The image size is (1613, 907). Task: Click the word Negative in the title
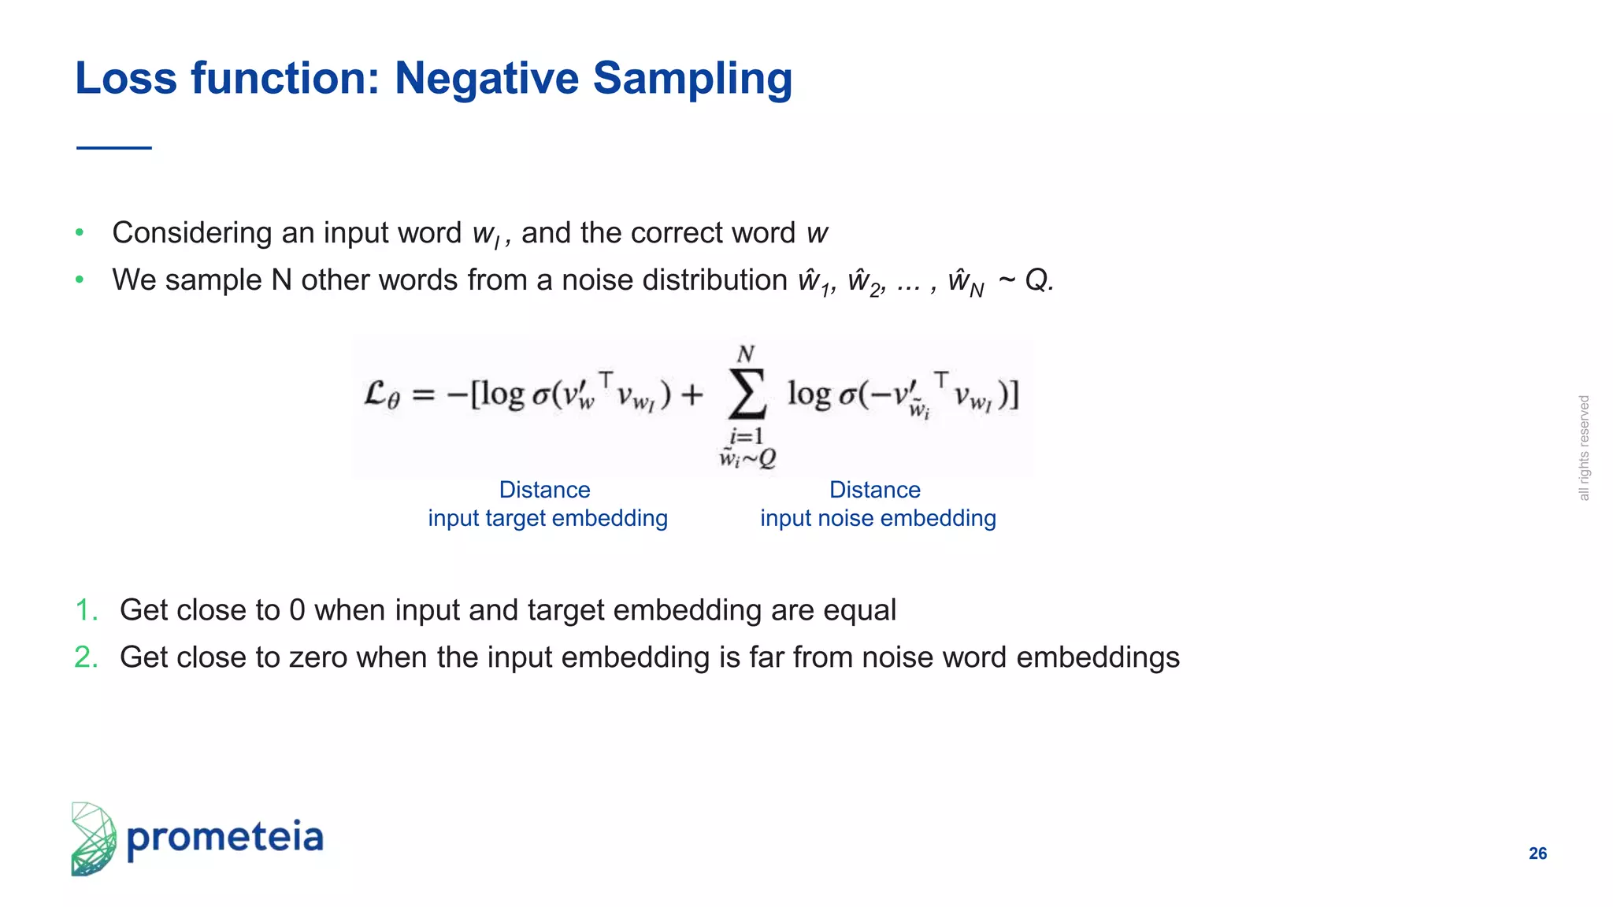coord(486,79)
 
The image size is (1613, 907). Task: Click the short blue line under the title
coord(114,147)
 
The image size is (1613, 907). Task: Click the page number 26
coord(1537,853)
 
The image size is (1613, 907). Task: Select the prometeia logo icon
coord(93,839)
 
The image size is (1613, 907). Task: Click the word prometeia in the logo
coord(225,838)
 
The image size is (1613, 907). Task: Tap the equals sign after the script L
coord(423,394)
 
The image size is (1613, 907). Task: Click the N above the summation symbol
coord(745,354)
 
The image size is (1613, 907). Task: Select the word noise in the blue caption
coord(845,518)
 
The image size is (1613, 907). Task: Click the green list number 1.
coord(86,610)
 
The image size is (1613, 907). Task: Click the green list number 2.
coord(86,657)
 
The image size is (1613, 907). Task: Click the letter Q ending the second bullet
coord(1036,280)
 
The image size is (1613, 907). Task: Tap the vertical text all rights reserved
coord(1584,448)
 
